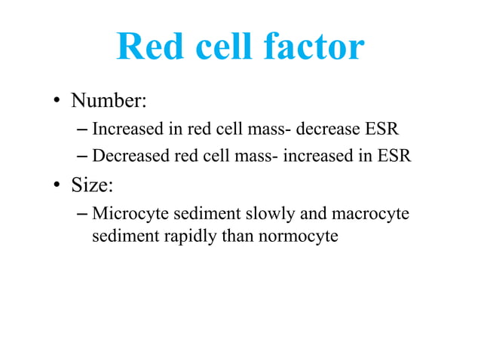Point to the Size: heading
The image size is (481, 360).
pos(93,185)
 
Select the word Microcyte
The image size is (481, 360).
pos(129,214)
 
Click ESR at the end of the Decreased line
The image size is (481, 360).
pos(394,157)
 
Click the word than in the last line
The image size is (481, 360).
pos(239,236)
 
